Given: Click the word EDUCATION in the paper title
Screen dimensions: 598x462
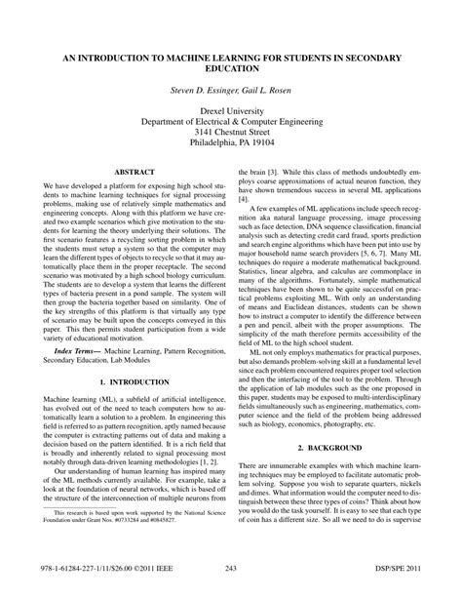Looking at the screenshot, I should (x=230, y=71).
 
